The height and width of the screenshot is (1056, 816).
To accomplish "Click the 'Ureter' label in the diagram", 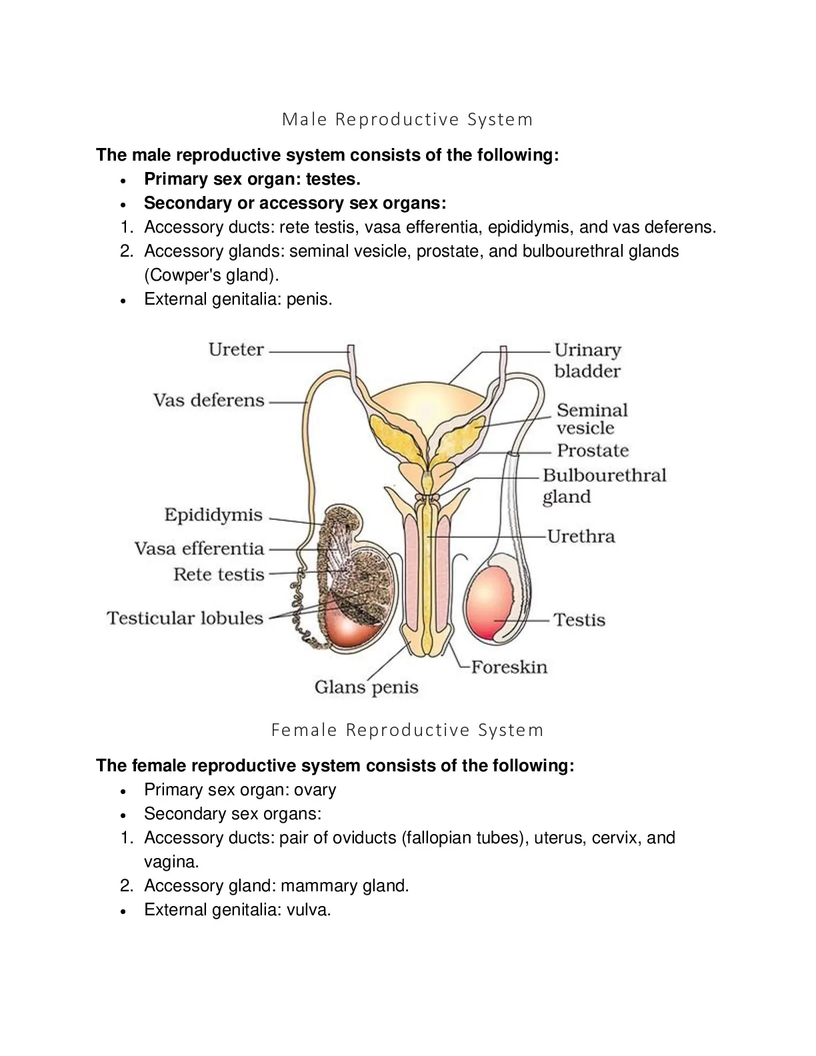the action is click(x=236, y=349).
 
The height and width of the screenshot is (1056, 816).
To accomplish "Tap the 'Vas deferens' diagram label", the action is click(x=209, y=401).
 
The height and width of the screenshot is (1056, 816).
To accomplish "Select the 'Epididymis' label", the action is click(x=213, y=515).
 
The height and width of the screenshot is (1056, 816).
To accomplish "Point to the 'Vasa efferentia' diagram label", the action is click(x=199, y=549).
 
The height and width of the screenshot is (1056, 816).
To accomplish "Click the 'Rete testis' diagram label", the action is click(x=219, y=575).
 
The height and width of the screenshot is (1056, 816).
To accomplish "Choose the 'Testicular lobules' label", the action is click(x=185, y=618).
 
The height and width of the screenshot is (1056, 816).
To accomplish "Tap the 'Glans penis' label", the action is click(x=367, y=687).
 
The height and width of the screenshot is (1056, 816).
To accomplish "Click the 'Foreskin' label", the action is click(x=509, y=667).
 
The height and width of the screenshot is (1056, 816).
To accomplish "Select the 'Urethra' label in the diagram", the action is click(x=581, y=537).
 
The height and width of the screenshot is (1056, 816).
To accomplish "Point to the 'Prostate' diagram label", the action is click(x=593, y=451).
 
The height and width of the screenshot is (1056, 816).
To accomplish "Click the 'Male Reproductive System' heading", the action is click(x=407, y=119).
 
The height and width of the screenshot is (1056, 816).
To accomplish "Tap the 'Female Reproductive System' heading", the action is click(x=407, y=731).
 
